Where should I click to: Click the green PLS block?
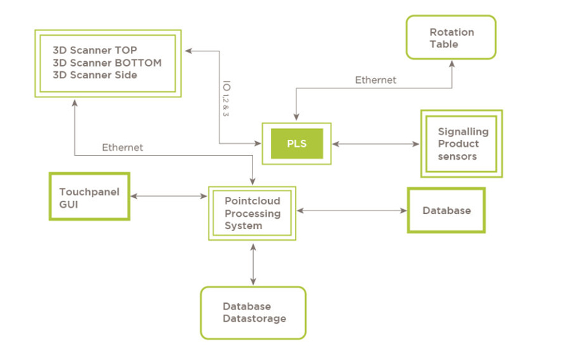coord(296,144)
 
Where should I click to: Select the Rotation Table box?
coord(451,38)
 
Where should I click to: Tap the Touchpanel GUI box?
coord(89,197)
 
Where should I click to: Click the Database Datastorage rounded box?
coord(253,313)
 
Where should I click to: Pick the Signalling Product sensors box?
coord(460,144)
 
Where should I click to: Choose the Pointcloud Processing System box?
coord(252,213)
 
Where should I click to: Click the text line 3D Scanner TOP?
coord(95,50)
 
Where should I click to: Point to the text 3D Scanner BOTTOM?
coord(107,62)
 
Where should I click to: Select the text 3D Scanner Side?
coord(95,75)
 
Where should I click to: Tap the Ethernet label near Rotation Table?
coord(375,80)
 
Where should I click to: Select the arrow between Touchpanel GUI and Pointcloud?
coord(169,197)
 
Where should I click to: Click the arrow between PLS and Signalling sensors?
coord(376,144)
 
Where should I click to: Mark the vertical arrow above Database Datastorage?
coord(253,264)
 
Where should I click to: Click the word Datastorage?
coord(254,319)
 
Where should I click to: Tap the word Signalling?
coord(463,132)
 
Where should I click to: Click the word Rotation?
coord(451,32)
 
